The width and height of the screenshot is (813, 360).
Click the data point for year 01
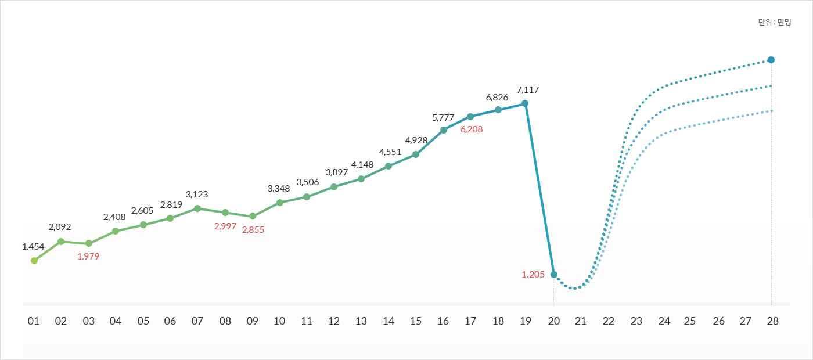(34, 261)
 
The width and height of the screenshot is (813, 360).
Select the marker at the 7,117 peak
(525, 103)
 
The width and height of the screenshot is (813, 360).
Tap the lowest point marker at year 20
(554, 275)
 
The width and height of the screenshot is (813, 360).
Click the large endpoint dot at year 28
(771, 60)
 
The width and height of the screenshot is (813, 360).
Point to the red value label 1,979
(88, 256)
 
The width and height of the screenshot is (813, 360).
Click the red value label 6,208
(471, 129)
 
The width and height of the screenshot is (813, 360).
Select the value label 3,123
(197, 194)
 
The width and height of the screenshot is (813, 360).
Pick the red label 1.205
(533, 275)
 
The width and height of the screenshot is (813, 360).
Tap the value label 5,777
(443, 117)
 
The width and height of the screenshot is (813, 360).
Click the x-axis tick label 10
(279, 321)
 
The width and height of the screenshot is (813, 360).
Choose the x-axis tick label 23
(636, 321)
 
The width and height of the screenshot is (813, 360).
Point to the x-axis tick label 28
(771, 321)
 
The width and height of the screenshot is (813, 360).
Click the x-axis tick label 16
(443, 321)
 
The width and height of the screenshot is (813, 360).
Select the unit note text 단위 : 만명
(775, 22)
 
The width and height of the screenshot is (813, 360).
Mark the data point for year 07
(197, 208)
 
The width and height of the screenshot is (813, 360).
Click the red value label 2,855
(253, 229)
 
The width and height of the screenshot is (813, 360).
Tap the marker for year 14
(388, 166)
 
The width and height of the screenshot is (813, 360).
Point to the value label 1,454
(33, 246)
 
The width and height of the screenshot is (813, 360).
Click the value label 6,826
(497, 96)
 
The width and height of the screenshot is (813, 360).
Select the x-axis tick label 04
(116, 321)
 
